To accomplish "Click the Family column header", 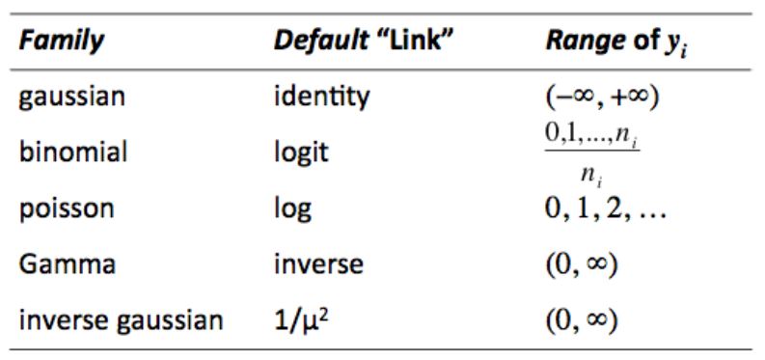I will [61, 43].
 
